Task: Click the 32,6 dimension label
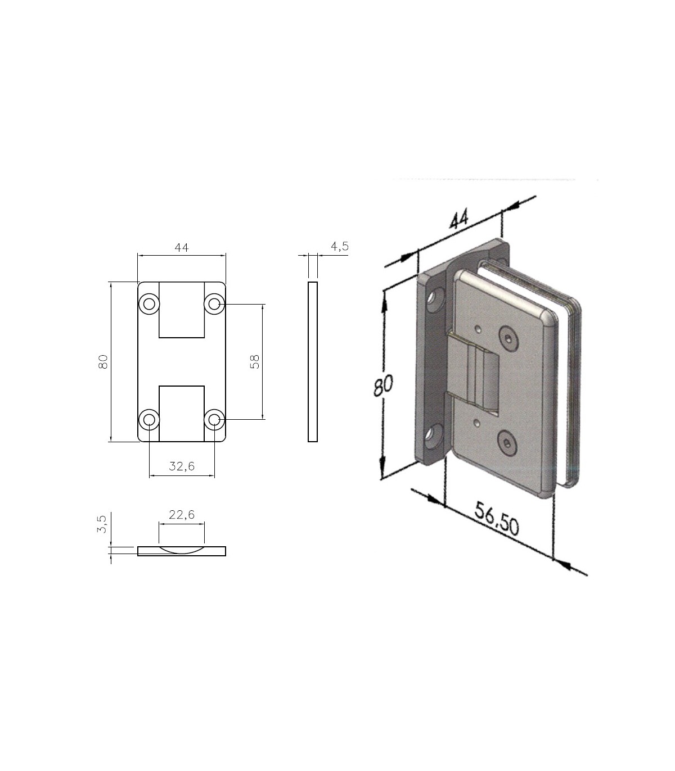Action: pyautogui.click(x=182, y=466)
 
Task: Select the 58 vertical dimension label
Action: pyautogui.click(x=255, y=362)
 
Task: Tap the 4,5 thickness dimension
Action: pyautogui.click(x=340, y=247)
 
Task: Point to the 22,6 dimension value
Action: pyautogui.click(x=182, y=514)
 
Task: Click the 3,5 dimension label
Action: pyautogui.click(x=102, y=524)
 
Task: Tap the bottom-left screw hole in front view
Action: pyautogui.click(x=149, y=419)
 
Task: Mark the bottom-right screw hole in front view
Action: pyautogui.click(x=214, y=419)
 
